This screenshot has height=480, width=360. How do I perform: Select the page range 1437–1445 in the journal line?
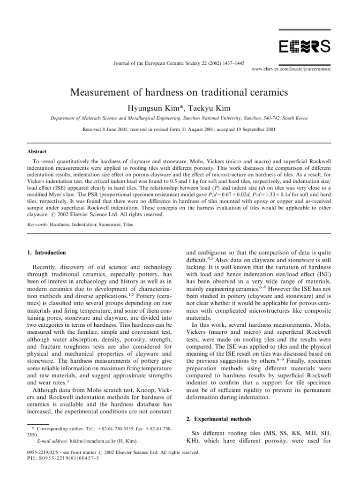[230, 63]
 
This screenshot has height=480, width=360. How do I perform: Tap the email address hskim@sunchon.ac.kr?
[90, 441]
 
